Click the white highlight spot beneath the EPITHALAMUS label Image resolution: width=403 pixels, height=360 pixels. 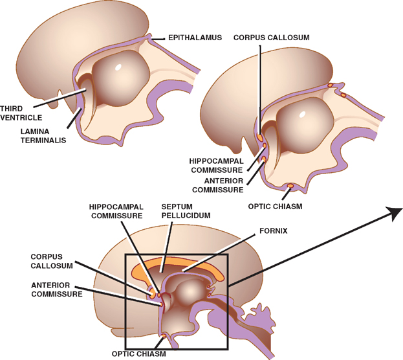119,67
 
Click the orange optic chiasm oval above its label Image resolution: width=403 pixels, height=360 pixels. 290,186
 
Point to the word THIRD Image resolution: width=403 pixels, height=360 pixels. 12,108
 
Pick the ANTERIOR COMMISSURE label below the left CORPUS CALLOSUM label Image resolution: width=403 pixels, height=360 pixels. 56,289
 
